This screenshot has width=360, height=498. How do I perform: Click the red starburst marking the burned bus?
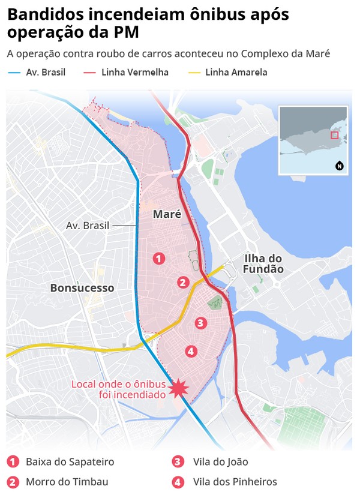click(x=178, y=389)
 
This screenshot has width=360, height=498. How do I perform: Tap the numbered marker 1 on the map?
click(x=158, y=259)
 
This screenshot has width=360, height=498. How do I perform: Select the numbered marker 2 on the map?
click(x=184, y=282)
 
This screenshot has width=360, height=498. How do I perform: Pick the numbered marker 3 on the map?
click(x=200, y=323)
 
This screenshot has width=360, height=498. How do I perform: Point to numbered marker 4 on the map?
click(x=191, y=351)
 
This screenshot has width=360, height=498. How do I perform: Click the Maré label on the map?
click(x=167, y=214)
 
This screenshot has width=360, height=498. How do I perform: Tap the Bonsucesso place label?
click(x=82, y=288)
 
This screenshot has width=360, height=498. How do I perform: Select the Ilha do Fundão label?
click(x=263, y=264)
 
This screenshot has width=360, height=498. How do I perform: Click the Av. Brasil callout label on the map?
click(x=88, y=226)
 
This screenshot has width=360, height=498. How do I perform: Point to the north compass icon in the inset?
click(x=340, y=166)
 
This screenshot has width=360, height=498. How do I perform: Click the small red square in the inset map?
click(x=334, y=135)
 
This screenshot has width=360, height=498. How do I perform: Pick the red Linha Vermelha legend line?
click(x=91, y=73)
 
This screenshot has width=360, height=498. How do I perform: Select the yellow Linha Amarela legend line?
click(x=194, y=73)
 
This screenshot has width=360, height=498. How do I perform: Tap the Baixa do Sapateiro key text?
click(x=70, y=462)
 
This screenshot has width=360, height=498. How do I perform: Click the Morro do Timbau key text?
click(x=67, y=482)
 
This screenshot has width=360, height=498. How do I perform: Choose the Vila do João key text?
click(x=220, y=462)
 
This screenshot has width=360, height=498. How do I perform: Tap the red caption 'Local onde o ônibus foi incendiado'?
click(x=118, y=389)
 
